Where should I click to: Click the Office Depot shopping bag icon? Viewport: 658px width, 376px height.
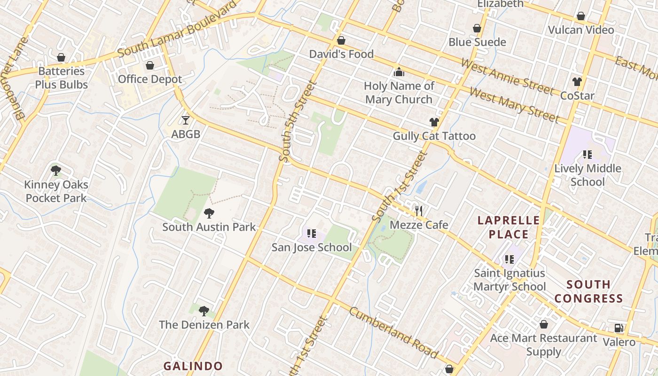(150, 65)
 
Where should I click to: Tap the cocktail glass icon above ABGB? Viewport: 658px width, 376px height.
(186, 120)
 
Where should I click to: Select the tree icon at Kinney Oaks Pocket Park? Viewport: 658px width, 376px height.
(56, 171)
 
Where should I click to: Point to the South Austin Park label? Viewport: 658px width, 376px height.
(209, 227)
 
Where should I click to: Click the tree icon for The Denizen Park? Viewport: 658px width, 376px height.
(204, 311)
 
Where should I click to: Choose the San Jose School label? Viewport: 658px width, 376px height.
(312, 247)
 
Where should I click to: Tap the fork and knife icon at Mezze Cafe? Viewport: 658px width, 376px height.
(419, 211)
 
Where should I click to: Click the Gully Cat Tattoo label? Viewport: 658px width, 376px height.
(434, 136)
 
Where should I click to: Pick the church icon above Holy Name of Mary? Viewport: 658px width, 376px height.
(399, 72)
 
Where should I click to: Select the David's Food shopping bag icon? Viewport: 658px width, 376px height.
(341, 40)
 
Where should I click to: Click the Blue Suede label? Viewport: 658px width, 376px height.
(477, 42)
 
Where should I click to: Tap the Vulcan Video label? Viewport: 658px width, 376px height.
(581, 30)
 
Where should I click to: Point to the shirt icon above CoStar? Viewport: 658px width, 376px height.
(577, 82)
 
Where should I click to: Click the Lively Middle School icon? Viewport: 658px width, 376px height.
(587, 154)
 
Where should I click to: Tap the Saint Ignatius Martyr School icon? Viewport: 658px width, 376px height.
(509, 259)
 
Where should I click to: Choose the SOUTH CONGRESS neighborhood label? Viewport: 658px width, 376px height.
(588, 291)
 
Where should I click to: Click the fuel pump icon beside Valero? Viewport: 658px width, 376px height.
(619, 328)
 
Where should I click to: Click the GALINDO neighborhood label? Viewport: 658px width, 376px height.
(193, 366)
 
